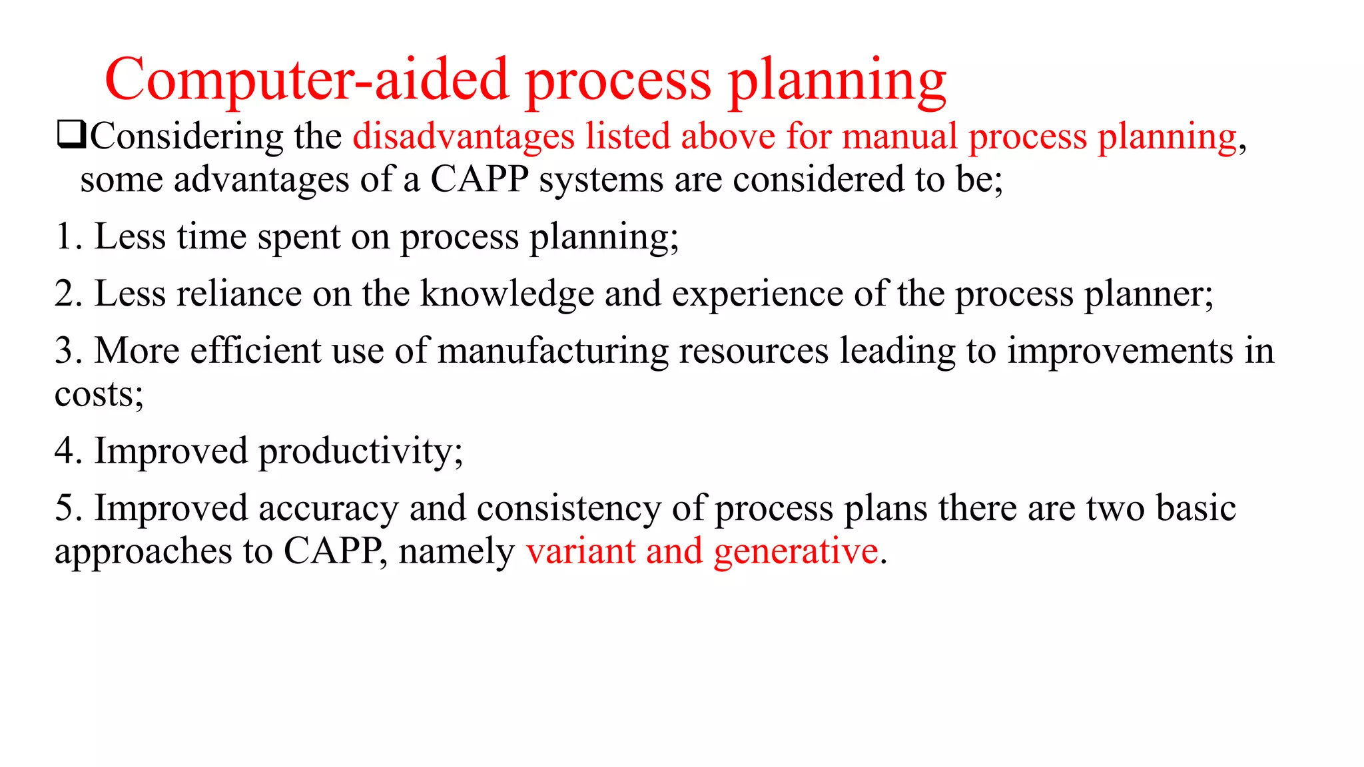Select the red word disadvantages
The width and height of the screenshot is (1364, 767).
point(464,136)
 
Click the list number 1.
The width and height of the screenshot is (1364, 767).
point(65,237)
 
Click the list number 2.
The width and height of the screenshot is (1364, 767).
point(65,294)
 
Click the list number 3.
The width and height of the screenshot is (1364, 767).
point(65,351)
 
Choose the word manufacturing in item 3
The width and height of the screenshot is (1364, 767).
point(552,352)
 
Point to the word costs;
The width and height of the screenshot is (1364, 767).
point(99,394)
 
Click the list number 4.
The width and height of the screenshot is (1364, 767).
point(66,451)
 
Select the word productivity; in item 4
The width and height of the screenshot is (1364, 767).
point(360,452)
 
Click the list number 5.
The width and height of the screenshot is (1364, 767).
point(65,508)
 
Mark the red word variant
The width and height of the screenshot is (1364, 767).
point(580,551)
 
